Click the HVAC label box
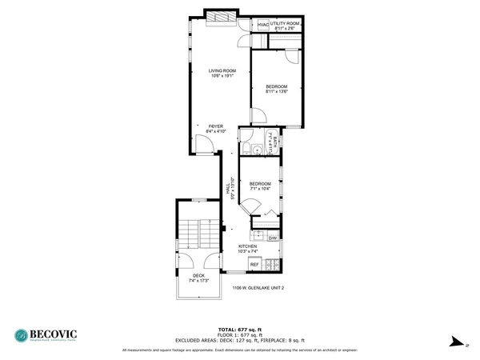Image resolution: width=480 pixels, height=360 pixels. (263, 25)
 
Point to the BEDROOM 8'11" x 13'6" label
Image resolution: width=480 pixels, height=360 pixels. (277, 88)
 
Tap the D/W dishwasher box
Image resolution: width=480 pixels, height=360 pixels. (272, 238)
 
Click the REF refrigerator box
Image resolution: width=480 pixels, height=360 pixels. (254, 264)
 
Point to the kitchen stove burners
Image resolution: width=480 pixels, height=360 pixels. (273, 264)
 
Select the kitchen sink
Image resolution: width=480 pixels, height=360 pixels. (258, 235)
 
